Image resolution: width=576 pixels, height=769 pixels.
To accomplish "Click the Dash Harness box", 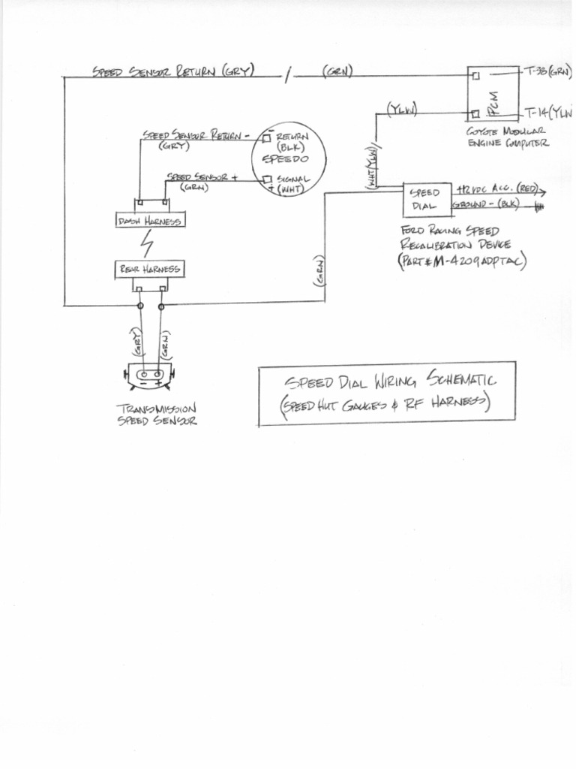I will coord(150,220).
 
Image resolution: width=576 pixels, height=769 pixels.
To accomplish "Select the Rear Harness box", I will coord(148,268).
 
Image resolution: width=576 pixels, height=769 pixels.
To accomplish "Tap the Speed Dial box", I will coord(426,200).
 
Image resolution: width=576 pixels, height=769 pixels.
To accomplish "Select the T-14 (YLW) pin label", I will coord(550,114).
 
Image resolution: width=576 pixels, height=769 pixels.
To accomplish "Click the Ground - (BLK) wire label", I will coord(486,204).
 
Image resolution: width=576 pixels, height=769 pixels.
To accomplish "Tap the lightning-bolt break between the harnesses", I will coord(148,244).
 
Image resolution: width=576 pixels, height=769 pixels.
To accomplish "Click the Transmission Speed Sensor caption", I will coord(157,415).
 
